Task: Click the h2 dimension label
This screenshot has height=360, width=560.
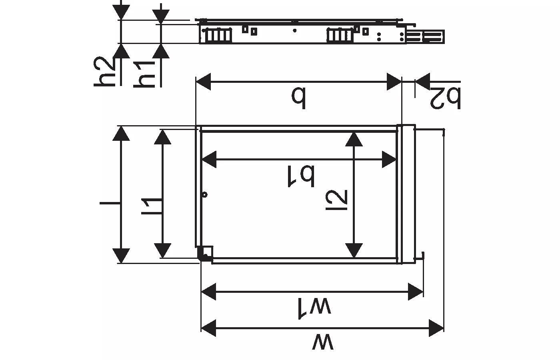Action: (105, 72)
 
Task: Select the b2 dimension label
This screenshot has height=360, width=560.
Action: (445, 97)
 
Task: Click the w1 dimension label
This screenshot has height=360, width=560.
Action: (314, 307)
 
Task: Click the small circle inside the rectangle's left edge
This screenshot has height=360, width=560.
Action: (205, 195)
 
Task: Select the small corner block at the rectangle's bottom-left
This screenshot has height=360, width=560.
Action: (206, 254)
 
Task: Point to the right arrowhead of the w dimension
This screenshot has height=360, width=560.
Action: (436, 328)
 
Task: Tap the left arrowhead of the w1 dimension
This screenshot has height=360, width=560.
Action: (208, 292)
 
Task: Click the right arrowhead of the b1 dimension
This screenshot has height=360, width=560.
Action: (389, 160)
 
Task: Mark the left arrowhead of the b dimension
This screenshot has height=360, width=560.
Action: (203, 82)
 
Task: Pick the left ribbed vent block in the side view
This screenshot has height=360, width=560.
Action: (218, 35)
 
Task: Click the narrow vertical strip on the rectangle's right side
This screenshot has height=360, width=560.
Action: (406, 194)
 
